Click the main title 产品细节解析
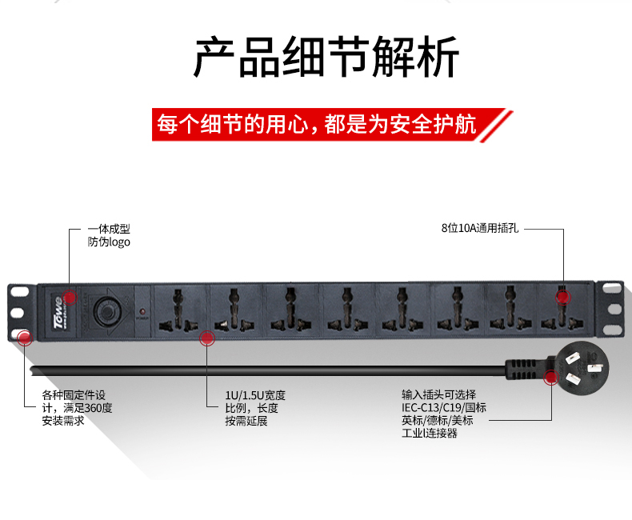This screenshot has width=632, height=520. pos(326,57)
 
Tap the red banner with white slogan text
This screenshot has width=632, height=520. pos(332,125)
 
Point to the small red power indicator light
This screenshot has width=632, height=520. pos(142,311)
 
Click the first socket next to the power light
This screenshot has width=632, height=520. pos(178,310)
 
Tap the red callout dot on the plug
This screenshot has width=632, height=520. pos(550,378)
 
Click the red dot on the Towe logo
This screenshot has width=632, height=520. pos(70,297)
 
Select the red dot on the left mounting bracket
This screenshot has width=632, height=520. pos(25,338)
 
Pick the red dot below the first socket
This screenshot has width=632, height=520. pos(207,338)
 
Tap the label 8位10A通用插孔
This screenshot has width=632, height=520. pos(480,228)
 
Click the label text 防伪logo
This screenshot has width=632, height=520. pos(109,242)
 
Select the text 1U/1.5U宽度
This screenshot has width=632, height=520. pos(255,395)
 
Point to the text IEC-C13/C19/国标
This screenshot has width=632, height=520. pos(444,407)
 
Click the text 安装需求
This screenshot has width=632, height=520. pos(63,421)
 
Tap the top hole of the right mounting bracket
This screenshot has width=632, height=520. pos(612,288)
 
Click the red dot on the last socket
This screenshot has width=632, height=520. pos(563,297)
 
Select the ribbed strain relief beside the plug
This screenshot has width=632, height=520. pos(523,370)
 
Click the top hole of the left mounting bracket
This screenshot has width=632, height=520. pos(20,291)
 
